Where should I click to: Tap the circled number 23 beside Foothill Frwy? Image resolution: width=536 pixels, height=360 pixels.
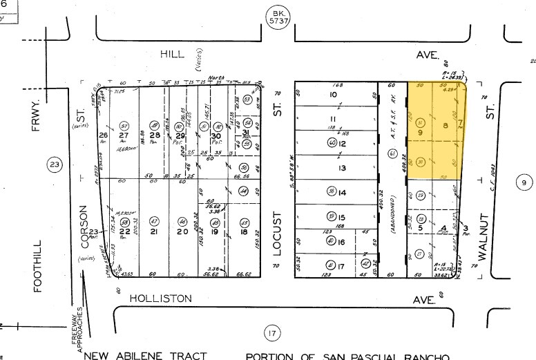click(54, 164)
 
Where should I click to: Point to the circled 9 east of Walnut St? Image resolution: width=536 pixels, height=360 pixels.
click(524, 182)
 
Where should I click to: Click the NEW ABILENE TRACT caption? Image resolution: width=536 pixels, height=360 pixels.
click(145, 356)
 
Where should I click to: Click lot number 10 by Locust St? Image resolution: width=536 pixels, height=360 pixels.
click(333, 95)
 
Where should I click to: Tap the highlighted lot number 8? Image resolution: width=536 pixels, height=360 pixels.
click(446, 125)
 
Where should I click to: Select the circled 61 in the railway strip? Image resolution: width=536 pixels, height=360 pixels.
click(392, 153)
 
